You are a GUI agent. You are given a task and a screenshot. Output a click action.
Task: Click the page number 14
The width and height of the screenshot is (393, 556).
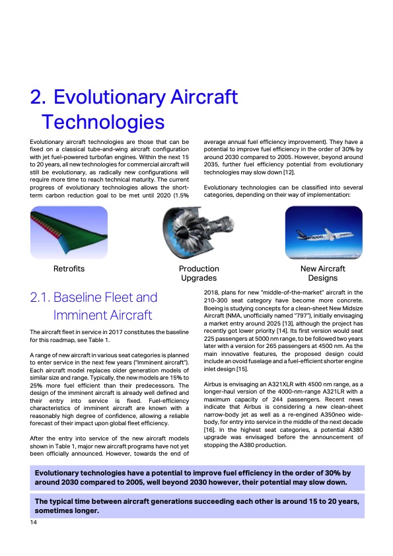pyautogui.click(x=33, y=523)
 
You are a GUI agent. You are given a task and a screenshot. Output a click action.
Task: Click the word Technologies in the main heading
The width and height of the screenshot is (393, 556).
pyautogui.click(x=102, y=122)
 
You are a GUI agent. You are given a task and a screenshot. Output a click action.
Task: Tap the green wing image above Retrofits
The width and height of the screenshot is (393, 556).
pyautogui.click(x=69, y=234)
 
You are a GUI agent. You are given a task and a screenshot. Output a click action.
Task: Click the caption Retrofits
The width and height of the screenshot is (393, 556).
pyautogui.click(x=69, y=269)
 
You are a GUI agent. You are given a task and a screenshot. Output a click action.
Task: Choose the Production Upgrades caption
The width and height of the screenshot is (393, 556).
pyautogui.click(x=199, y=273)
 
